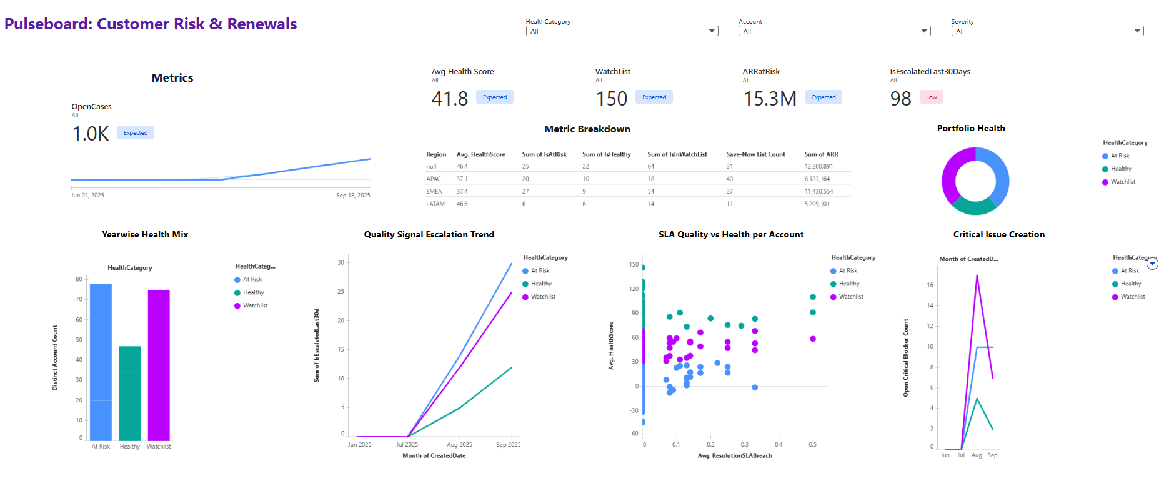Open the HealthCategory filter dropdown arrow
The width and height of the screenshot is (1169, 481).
[712, 31]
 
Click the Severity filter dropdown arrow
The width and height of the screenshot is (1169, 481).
[1138, 31]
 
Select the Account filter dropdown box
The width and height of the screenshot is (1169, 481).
[834, 31]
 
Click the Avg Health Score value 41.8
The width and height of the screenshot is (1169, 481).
[449, 99]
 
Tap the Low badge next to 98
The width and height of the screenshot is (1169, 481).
[931, 97]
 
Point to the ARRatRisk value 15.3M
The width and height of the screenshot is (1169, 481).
[769, 99]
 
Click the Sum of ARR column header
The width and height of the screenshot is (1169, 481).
[821, 154]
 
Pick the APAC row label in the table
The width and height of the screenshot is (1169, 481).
[434, 179]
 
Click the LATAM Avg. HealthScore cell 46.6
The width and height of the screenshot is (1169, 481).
[462, 204]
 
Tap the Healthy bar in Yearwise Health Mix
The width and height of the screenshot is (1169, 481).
[130, 394]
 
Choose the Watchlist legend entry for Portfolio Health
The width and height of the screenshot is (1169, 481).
[1123, 182]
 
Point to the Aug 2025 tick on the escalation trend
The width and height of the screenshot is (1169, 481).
[459, 445]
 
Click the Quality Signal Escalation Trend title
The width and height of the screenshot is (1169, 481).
[429, 234]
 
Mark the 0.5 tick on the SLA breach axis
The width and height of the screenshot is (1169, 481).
[812, 445]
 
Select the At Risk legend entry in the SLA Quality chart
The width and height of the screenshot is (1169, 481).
[848, 271]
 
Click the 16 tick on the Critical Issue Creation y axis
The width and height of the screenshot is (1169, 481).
[930, 285]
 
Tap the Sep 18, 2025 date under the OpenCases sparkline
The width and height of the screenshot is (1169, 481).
[353, 196]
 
